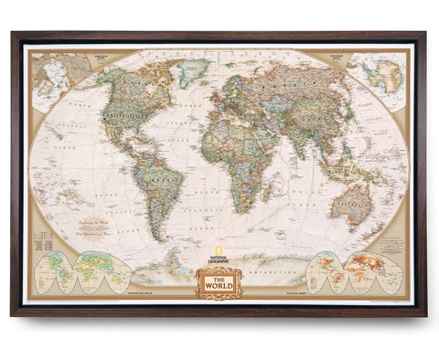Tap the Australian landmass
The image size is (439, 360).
click(x=350, y=202)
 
